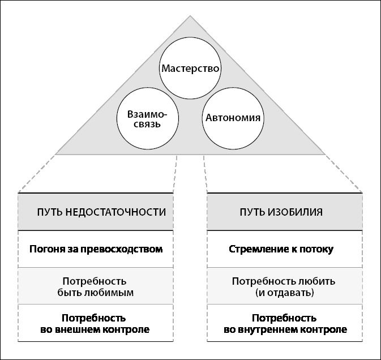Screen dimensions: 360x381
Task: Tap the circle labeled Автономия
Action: point(233,118)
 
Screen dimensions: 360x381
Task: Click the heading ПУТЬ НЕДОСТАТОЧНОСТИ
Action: point(96,212)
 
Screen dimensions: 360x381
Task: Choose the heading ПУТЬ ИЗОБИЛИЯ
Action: point(284,212)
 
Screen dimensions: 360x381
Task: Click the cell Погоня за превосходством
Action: point(96,249)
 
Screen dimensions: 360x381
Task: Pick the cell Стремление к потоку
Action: point(284,249)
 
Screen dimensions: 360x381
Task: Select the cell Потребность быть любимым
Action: point(96,286)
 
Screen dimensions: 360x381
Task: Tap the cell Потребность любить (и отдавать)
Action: point(284,286)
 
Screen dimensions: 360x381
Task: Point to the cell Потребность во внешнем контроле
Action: point(96,323)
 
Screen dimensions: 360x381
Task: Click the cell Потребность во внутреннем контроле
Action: point(284,323)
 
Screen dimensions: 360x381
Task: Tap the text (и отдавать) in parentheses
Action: point(284,293)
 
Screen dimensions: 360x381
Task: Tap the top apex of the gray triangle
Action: point(190,16)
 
